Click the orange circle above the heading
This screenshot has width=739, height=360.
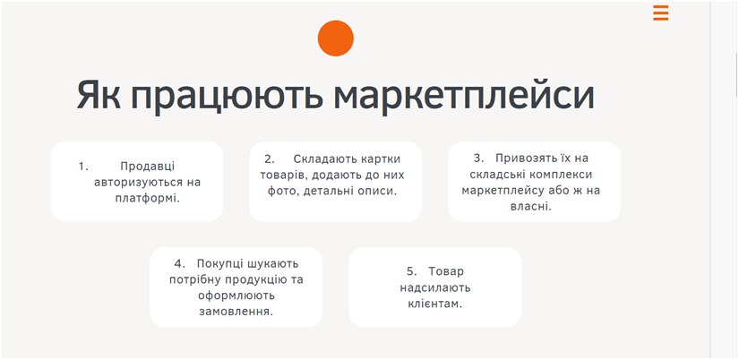[336, 39]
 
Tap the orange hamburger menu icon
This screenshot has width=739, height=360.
[661, 13]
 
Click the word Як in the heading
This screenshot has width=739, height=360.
[99, 96]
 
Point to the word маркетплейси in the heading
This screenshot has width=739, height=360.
[464, 98]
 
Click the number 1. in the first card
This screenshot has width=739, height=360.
[83, 167]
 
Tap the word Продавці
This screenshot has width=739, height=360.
[148, 167]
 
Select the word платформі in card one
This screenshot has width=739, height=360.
[148, 199]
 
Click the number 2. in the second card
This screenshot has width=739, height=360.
[270, 159]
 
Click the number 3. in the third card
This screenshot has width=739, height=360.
[479, 159]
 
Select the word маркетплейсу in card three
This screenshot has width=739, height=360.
[502, 191]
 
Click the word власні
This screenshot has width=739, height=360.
[530, 206]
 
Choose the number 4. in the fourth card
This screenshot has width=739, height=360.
[179, 263]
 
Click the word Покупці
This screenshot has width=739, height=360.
[219, 264]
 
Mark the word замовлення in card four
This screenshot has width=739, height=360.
[236, 312]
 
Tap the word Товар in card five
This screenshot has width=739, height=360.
[446, 271]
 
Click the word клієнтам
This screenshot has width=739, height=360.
[435, 304]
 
